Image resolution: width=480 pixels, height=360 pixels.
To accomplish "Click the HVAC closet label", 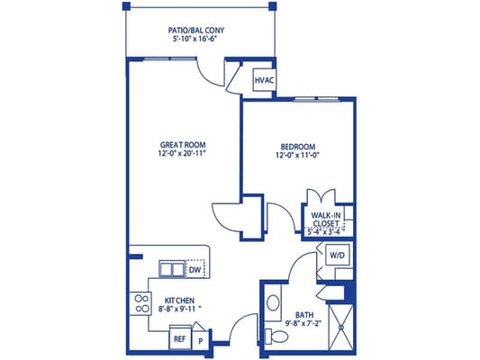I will pyautogui.click(x=264, y=81).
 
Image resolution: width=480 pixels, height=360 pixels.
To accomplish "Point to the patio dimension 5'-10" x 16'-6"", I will pyautogui.click(x=196, y=40).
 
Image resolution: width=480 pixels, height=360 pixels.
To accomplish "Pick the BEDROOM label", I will pyautogui.click(x=297, y=147).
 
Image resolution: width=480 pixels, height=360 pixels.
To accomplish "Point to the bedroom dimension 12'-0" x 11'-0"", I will pyautogui.click(x=297, y=157).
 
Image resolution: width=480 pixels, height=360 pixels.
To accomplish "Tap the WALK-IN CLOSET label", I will pyautogui.click(x=326, y=220).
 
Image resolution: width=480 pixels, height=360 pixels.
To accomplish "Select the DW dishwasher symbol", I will pyautogui.click(x=195, y=269).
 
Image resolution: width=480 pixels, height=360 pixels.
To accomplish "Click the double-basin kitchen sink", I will pyautogui.click(x=171, y=269).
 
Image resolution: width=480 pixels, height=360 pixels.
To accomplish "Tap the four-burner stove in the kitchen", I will pyautogui.click(x=140, y=303).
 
